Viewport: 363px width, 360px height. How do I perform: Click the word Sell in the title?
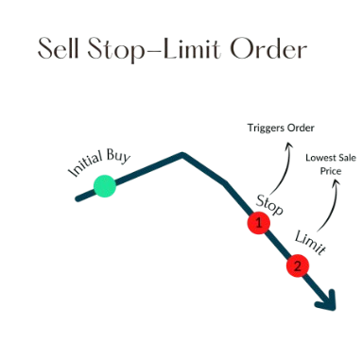[58, 48]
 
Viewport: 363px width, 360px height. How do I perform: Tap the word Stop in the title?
[116, 50]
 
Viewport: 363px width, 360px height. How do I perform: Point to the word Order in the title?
[268, 48]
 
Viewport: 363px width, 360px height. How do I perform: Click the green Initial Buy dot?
[105, 186]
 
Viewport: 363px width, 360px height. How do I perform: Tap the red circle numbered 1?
[259, 223]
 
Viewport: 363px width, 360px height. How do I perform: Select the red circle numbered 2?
[298, 266]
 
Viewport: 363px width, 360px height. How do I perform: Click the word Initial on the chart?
[85, 163]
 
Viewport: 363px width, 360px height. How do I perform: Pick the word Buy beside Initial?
[118, 155]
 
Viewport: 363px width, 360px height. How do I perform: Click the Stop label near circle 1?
[269, 206]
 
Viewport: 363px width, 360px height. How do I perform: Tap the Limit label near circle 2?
[310, 243]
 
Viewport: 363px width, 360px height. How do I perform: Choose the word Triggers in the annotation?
[266, 129]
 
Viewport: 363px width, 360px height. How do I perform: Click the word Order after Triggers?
[300, 128]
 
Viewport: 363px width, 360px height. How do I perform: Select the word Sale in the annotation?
[347, 158]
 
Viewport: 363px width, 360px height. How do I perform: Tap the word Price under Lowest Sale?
[331, 171]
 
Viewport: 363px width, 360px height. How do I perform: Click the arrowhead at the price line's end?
[328, 302]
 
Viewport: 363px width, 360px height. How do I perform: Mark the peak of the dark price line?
[182, 154]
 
